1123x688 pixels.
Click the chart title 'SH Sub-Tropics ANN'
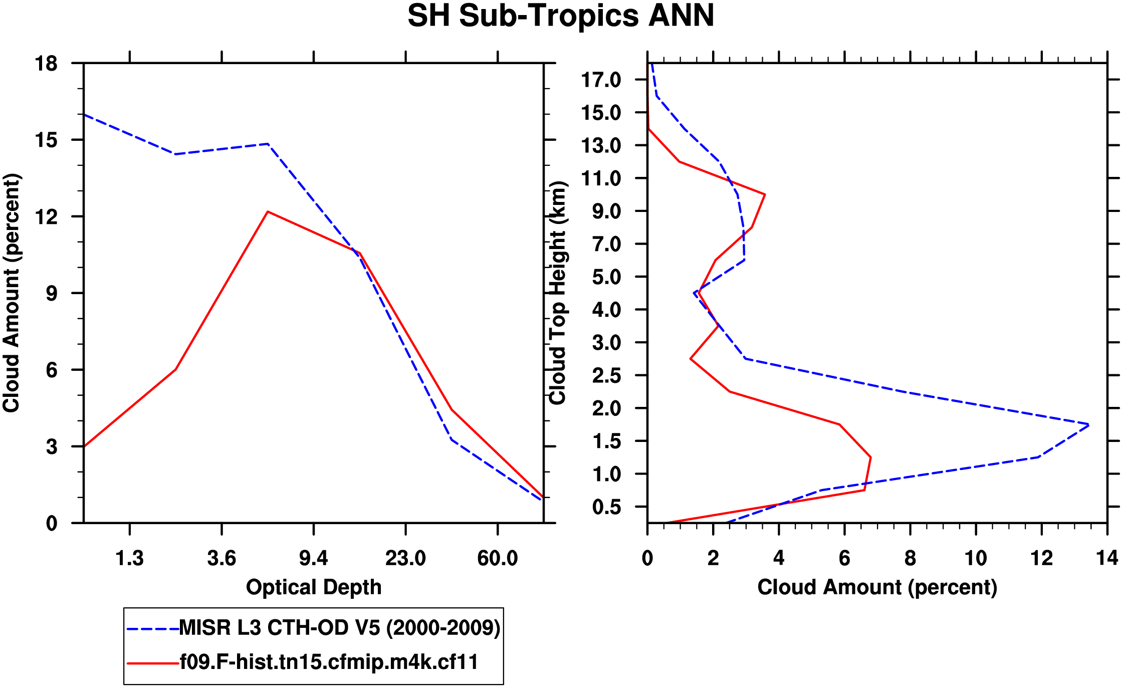561,16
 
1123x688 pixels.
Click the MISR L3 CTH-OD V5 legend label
340,627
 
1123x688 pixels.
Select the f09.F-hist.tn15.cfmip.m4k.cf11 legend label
329,662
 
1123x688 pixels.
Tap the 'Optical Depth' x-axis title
314,587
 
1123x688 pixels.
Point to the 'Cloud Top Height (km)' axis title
558,293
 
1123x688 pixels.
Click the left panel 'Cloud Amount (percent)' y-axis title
11,293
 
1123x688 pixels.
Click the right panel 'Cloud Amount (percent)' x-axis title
877,587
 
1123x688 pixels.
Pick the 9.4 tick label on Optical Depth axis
314,558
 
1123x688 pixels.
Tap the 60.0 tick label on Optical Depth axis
497,558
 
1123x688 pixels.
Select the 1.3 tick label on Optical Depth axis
130,558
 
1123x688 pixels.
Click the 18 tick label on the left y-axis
46,64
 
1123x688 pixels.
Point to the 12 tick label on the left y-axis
46,216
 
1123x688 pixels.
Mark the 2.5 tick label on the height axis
606,375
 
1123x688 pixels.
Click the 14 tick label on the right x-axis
1107,558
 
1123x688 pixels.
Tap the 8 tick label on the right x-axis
910,558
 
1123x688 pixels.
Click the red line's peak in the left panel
268,211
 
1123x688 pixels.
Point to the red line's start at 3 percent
84,446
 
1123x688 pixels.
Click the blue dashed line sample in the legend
152,628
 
